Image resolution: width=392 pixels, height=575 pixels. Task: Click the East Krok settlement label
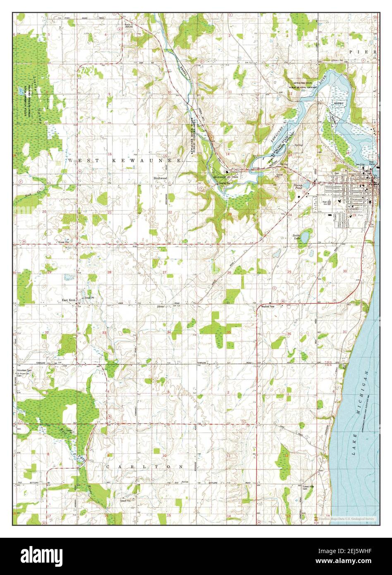coord(68,300)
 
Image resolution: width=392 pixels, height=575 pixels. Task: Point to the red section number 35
coord(229,332)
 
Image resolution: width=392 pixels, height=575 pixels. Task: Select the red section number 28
coord(110,272)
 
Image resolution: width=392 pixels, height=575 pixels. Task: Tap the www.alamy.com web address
coord(354,561)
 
